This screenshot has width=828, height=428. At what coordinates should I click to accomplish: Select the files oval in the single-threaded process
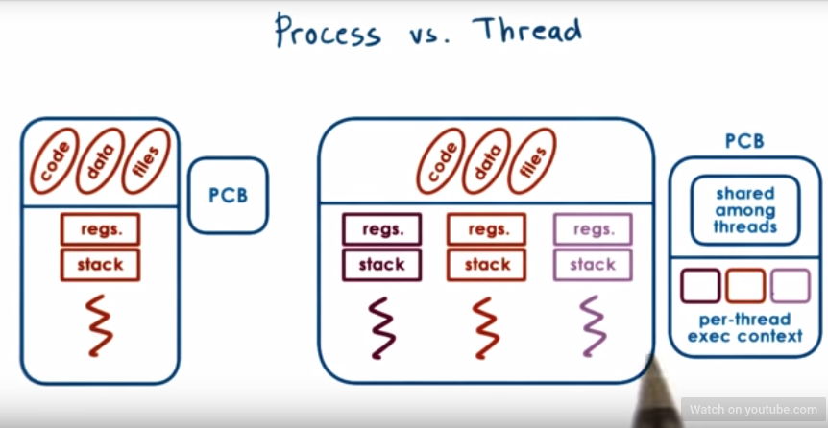[144, 160]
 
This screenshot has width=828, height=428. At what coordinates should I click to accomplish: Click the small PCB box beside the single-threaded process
[228, 196]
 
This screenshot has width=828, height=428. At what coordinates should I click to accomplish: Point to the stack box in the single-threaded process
[100, 264]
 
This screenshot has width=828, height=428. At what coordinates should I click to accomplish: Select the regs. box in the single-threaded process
[100, 229]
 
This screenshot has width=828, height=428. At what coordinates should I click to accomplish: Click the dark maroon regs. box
[381, 229]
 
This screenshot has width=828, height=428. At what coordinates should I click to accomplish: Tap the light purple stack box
[593, 264]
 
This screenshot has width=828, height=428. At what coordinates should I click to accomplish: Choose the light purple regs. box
[593, 229]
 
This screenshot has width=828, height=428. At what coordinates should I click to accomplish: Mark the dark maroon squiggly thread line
[381, 326]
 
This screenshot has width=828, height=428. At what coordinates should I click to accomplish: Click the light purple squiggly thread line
[593, 326]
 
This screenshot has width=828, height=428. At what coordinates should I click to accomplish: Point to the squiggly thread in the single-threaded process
[100, 326]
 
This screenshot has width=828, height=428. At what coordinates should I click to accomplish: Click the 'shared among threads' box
[744, 210]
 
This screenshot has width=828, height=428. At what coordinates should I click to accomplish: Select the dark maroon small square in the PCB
[699, 286]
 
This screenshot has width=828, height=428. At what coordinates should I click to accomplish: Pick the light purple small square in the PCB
[790, 286]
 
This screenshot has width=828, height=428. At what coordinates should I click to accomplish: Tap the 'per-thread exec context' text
[744, 327]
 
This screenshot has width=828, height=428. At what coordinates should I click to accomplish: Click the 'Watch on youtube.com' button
[752, 410]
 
